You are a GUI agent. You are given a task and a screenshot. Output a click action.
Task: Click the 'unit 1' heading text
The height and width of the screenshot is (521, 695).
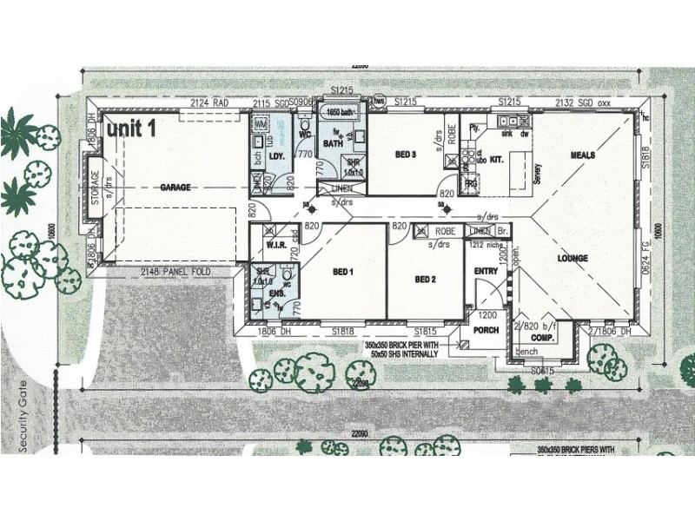click(x=132, y=129)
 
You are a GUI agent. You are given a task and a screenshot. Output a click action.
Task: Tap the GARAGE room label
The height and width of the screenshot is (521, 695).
click(x=175, y=187)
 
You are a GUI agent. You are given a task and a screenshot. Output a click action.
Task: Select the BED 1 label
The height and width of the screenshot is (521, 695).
click(x=344, y=272)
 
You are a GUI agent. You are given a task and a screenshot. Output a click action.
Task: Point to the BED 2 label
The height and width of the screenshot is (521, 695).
click(x=425, y=279)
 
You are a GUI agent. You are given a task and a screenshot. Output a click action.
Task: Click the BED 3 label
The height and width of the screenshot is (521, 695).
click(x=407, y=155)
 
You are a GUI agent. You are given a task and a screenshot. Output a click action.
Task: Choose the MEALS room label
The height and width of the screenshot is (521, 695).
click(x=582, y=155)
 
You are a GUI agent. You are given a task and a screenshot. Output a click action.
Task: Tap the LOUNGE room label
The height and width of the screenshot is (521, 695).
click(x=573, y=258)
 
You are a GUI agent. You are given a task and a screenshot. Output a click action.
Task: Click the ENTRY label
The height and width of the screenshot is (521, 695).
click(x=485, y=272)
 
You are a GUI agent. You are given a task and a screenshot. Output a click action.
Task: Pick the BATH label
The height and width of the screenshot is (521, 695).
click(x=333, y=143)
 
